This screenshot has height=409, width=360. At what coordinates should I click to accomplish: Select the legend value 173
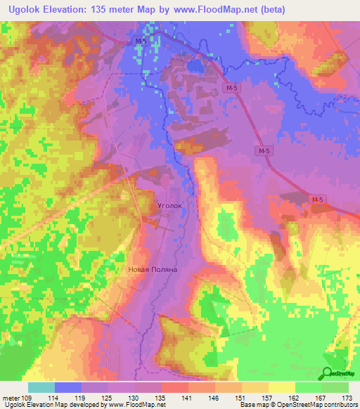(347, 398)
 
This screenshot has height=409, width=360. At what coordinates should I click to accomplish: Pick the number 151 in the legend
(240, 398)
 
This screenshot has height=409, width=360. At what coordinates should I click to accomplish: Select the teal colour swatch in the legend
(41, 387)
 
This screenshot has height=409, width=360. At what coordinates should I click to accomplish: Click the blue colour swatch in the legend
(67, 387)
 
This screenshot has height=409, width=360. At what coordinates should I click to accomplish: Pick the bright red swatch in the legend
(174, 387)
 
